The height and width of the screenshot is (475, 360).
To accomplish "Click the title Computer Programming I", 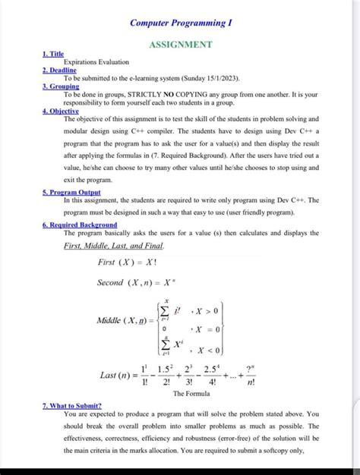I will click(180, 24).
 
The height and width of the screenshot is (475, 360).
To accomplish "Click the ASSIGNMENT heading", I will click(180, 45).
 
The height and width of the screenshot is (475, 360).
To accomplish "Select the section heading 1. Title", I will click(52, 54).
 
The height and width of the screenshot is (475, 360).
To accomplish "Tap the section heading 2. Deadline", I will click(59, 70).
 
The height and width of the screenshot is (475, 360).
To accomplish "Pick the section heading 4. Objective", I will click(61, 111).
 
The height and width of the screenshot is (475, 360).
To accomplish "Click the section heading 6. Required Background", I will click(80, 225).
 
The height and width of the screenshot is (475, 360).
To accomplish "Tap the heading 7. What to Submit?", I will click(79, 407).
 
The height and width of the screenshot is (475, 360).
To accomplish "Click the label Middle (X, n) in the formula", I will click(122, 322).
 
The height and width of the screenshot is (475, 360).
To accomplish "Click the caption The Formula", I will click(191, 394).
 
